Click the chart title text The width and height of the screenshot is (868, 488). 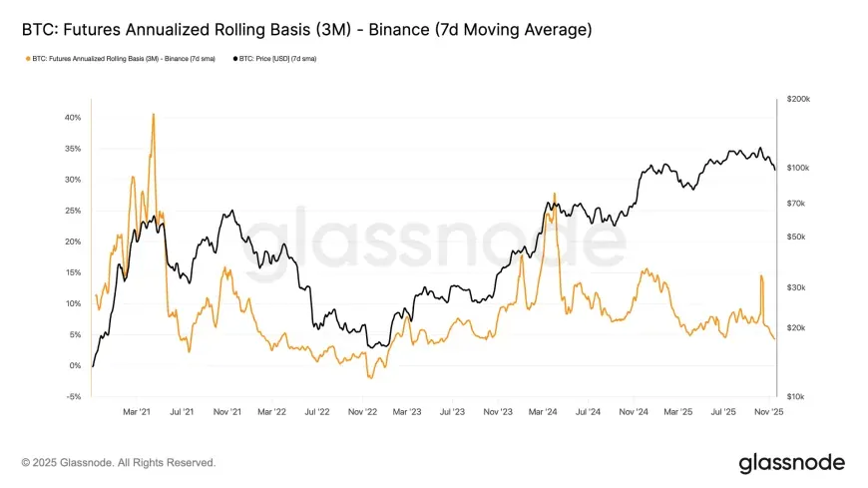[306, 30]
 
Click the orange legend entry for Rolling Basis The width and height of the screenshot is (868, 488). [121, 59]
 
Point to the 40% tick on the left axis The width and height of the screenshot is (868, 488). [72, 117]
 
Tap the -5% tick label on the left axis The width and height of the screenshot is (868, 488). [73, 396]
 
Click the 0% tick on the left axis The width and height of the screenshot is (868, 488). [74, 365]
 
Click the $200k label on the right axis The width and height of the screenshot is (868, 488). [799, 100]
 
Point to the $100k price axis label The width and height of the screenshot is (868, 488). [799, 168]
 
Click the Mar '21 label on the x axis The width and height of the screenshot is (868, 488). [137, 410]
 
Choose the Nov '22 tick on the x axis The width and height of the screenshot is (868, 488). [363, 410]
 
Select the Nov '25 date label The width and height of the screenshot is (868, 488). [768, 410]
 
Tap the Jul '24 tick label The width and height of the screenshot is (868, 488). [588, 410]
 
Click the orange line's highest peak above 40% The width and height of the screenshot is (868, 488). [153, 114]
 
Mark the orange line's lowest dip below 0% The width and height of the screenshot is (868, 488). [369, 378]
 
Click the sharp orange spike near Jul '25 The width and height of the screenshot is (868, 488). [761, 275]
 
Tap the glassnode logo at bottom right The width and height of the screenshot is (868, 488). [791, 463]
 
